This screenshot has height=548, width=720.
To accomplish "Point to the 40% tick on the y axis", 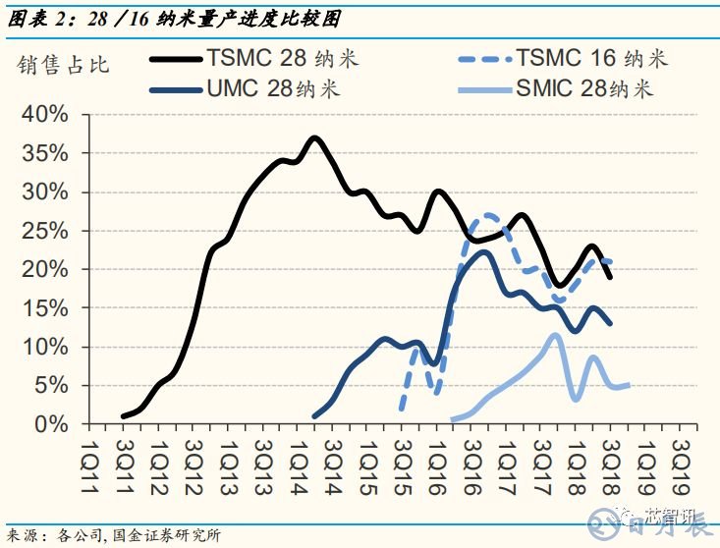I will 45,115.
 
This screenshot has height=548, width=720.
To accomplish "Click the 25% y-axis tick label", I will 45,231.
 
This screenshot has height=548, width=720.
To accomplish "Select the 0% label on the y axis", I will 51,424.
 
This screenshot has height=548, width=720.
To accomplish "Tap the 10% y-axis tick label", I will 45,347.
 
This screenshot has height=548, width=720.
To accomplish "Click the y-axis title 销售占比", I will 64,66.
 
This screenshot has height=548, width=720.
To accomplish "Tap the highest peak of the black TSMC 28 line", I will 314,137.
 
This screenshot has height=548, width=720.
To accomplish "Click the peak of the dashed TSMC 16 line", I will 487,215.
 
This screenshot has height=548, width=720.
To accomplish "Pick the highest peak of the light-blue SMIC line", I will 555,335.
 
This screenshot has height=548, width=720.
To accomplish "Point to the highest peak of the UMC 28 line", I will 484,252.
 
